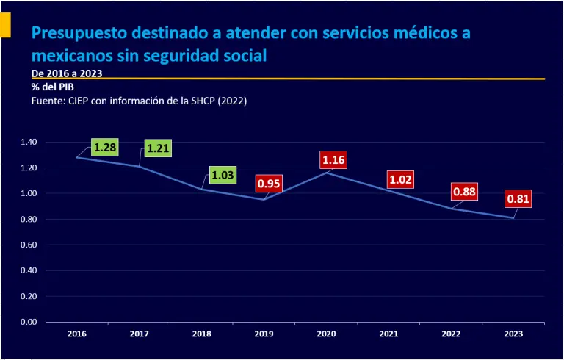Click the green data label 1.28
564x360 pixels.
click(x=104, y=148)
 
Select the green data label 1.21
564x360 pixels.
click(x=158, y=148)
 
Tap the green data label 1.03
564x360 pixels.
click(x=222, y=175)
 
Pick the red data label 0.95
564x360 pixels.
click(x=269, y=184)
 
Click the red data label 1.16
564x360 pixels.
click(x=333, y=159)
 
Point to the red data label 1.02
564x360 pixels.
click(x=401, y=179)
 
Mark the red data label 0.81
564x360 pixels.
click(x=518, y=198)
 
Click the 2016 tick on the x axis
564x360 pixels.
click(x=76, y=334)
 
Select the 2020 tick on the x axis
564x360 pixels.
click(x=327, y=334)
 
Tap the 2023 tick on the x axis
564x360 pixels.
click(x=514, y=334)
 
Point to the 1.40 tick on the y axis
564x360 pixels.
click(x=28, y=142)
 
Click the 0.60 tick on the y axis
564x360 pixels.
click(x=28, y=245)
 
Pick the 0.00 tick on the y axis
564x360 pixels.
click(x=28, y=322)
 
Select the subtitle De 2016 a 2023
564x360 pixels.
click(x=67, y=73)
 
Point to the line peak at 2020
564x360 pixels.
click(x=327, y=173)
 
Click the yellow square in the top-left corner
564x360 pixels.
click(x=4, y=26)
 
